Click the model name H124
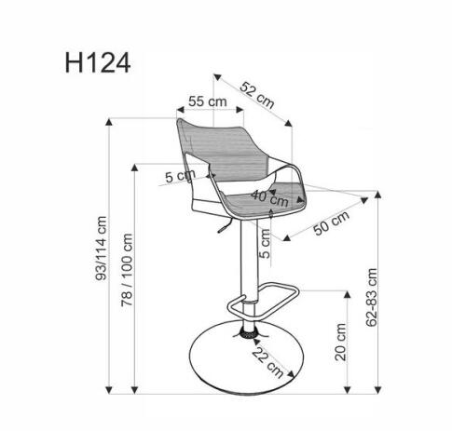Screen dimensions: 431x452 pyautogui.click(x=98, y=62)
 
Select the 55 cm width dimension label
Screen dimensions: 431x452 pyautogui.click(x=208, y=101)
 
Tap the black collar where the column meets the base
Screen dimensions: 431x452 pyautogui.click(x=250, y=330)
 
